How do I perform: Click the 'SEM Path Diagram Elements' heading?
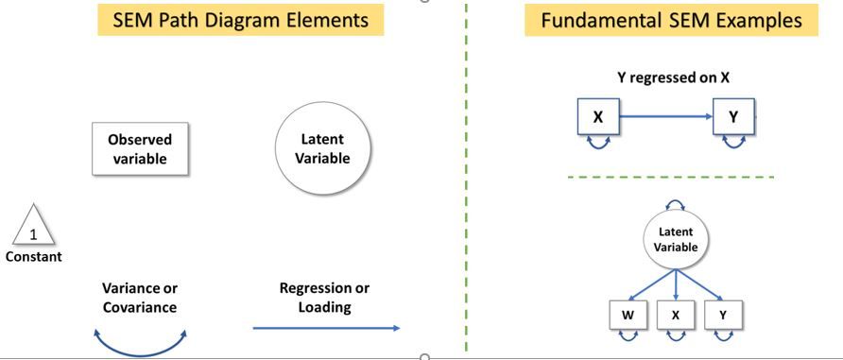click(240, 19)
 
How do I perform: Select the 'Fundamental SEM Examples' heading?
click(671, 19)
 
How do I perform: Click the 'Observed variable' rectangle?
click(140, 149)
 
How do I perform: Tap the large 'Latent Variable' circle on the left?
click(321, 148)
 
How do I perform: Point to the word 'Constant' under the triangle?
click(34, 257)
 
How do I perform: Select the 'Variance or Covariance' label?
click(140, 298)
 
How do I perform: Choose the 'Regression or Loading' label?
click(324, 298)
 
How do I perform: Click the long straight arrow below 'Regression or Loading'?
click(326, 328)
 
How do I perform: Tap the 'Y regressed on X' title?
click(673, 78)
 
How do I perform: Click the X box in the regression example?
click(598, 117)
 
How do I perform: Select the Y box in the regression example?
click(733, 117)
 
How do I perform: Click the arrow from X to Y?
click(665, 117)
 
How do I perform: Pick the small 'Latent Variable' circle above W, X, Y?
click(676, 239)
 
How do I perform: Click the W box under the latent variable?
click(627, 315)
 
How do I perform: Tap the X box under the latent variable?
click(676, 315)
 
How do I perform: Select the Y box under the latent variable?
click(723, 315)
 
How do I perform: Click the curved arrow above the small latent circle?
click(676, 203)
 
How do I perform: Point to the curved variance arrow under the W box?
click(627, 336)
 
